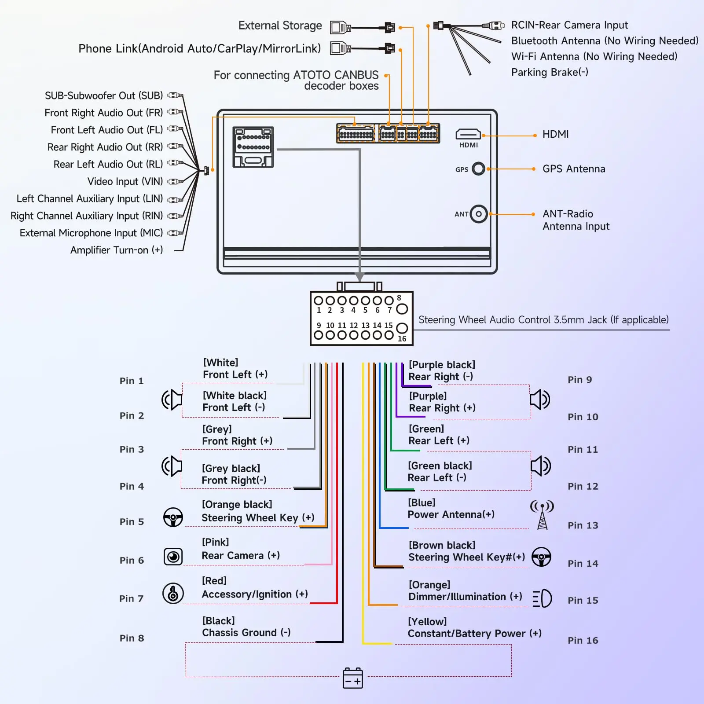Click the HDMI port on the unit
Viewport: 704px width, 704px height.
point(468,134)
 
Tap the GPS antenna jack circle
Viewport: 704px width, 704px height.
point(478,169)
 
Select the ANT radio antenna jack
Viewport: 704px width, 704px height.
point(479,214)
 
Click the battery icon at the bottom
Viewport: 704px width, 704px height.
point(353,678)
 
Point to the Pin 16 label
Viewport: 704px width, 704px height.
point(583,640)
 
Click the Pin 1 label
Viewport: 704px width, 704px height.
point(132,381)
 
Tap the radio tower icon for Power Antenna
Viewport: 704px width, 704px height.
point(542,514)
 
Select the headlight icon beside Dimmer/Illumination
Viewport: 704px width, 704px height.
point(542,598)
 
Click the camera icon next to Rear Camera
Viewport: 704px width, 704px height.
point(173,557)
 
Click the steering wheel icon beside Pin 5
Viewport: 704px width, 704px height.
point(173,517)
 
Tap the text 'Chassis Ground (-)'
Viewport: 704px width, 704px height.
point(246,633)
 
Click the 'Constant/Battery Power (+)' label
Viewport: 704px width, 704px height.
point(475,634)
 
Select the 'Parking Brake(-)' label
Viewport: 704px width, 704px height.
point(550,72)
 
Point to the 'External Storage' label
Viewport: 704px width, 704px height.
point(280,26)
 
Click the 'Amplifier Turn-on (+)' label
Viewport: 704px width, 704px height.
point(117,250)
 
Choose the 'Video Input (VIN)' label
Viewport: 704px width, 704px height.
point(125,181)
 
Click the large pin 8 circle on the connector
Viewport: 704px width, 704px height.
point(402,309)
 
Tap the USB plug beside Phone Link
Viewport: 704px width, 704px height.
point(341,48)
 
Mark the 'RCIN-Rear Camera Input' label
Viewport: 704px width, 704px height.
point(570,25)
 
